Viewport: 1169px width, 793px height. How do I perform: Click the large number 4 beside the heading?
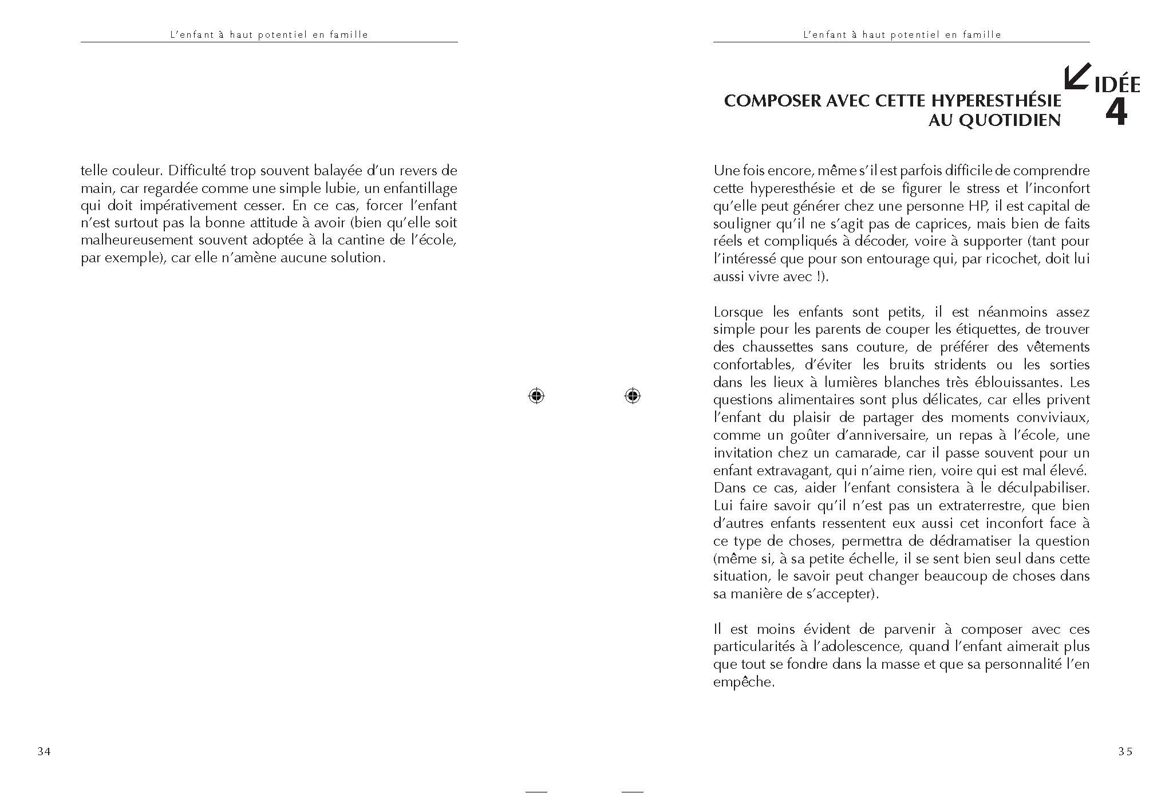1116,113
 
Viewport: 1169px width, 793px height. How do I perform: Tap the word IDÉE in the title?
1117,85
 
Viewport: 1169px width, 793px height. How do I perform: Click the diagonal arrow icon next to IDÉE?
1077,77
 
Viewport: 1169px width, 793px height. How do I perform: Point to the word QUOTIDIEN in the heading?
1010,120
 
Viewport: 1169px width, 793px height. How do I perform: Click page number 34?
44,752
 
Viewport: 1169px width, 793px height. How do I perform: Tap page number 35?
1125,752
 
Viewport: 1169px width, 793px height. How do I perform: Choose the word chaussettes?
778,347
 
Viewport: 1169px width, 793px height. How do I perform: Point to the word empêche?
743,682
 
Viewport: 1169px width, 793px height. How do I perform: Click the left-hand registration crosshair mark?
536,396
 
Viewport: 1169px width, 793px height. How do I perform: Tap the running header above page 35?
902,34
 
